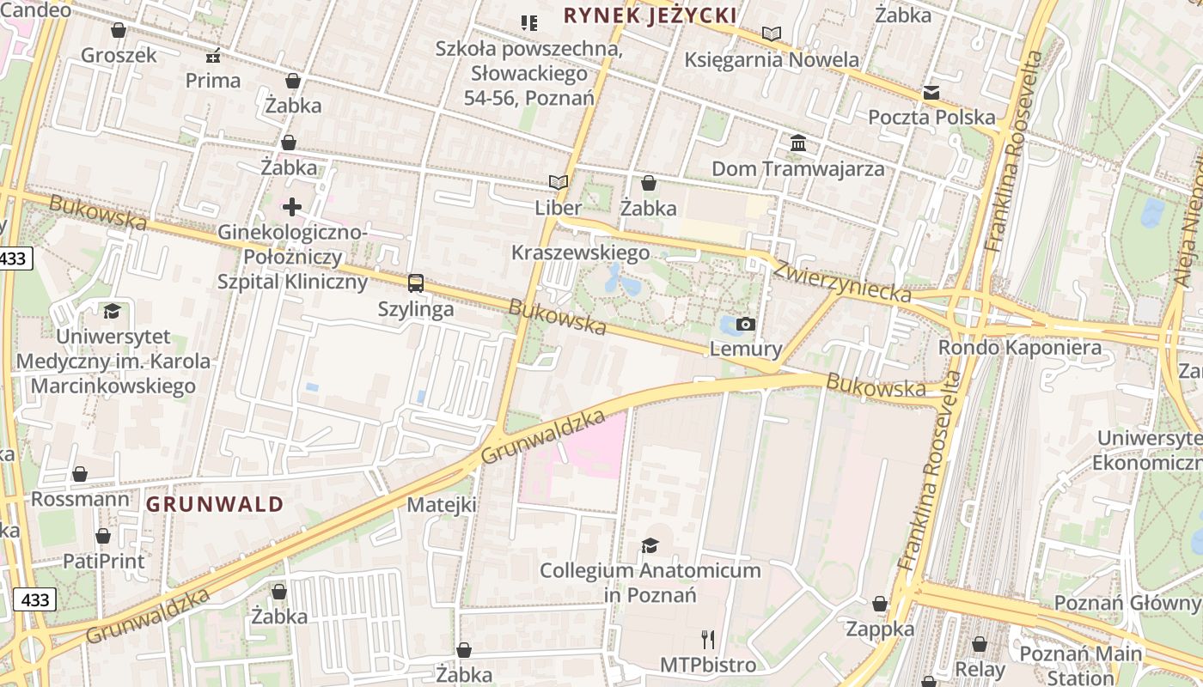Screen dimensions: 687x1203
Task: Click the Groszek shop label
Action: click(x=119, y=55)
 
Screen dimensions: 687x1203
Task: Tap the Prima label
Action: click(x=213, y=81)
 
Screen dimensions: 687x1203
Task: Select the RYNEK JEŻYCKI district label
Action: click(x=650, y=15)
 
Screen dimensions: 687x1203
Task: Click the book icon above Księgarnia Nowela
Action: click(x=772, y=34)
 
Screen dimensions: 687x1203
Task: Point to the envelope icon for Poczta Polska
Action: click(x=931, y=93)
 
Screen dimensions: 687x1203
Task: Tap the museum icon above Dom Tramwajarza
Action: click(x=798, y=143)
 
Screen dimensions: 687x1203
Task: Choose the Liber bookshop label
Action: click(x=559, y=208)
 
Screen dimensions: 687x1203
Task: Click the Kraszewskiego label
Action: click(x=580, y=252)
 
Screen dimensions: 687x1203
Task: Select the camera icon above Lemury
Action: click(x=746, y=324)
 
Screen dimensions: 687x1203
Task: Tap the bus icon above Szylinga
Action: click(x=416, y=283)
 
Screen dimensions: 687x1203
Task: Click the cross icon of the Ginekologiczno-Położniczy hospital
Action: click(x=292, y=207)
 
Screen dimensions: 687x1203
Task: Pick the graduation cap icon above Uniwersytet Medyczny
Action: click(x=112, y=311)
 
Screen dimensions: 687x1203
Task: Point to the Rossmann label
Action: click(x=81, y=499)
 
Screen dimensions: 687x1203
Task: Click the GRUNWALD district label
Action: click(x=215, y=504)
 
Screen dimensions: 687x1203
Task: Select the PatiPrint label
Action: click(x=104, y=561)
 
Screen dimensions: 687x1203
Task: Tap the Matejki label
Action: click(x=442, y=504)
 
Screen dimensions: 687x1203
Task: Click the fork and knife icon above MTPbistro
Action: click(x=708, y=639)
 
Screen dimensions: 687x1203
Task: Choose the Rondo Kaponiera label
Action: click(x=1019, y=348)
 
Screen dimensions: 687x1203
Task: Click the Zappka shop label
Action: click(x=880, y=629)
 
